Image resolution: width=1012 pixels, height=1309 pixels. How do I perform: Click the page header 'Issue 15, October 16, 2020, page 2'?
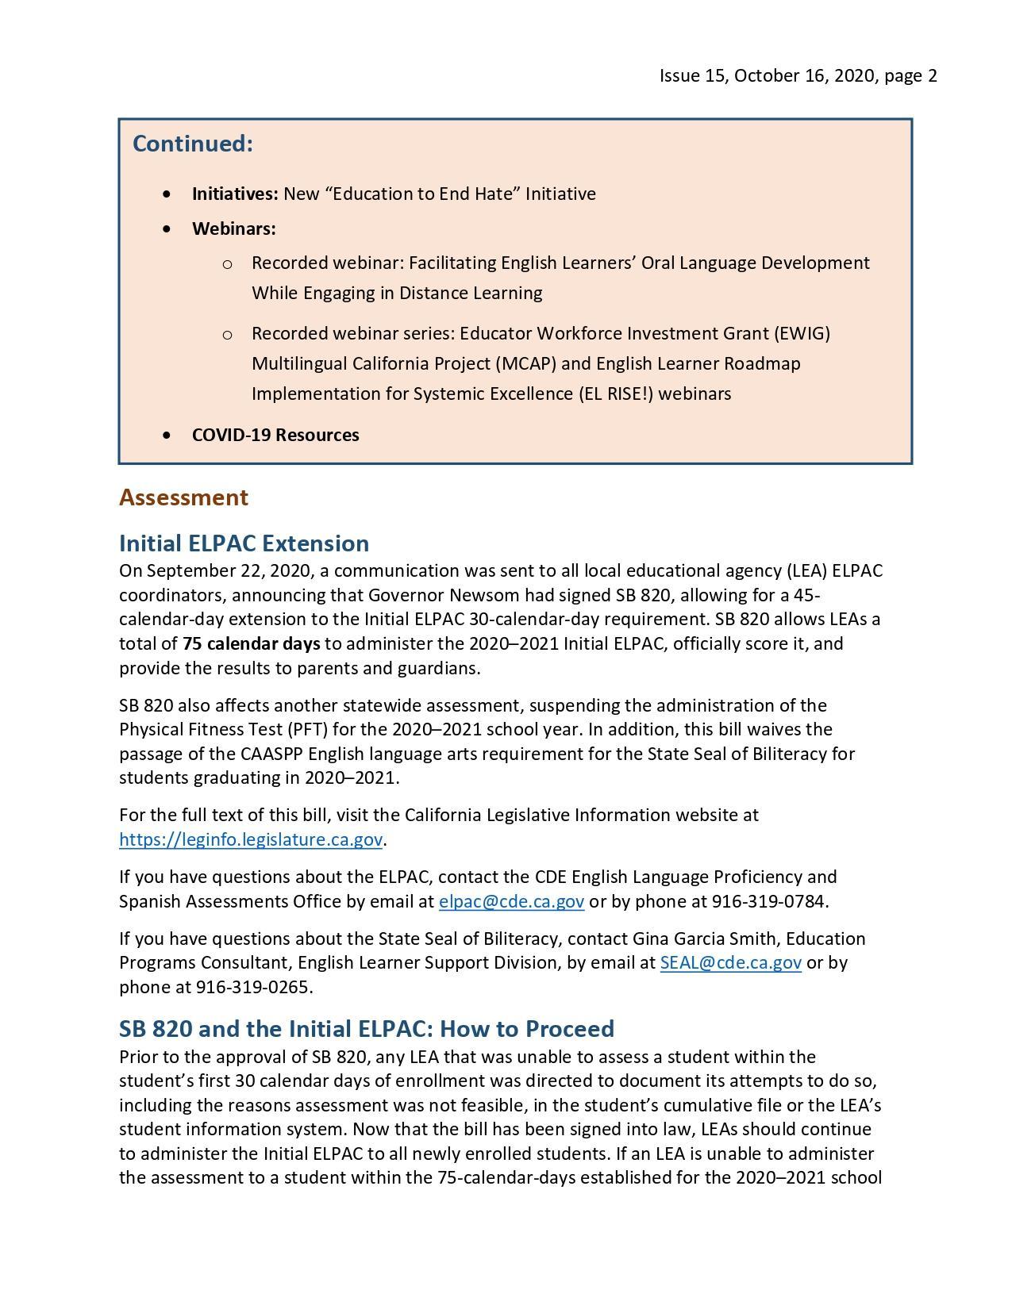click(798, 75)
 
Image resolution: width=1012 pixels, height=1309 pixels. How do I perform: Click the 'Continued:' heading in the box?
click(192, 144)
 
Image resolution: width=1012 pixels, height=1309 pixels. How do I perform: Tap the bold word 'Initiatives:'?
click(234, 194)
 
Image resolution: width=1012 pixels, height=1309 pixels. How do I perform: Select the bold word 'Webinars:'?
click(233, 229)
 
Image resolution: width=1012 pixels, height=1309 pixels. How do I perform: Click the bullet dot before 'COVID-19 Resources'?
click(166, 435)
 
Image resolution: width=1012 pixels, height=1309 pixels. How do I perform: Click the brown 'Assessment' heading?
click(183, 497)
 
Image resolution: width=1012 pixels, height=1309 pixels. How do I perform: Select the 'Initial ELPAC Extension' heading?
click(244, 543)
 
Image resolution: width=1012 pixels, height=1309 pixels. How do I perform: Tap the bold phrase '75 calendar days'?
click(251, 643)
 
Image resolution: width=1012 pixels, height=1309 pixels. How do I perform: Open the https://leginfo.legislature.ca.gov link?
click(251, 839)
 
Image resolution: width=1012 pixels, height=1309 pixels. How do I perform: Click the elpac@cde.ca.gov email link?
click(511, 901)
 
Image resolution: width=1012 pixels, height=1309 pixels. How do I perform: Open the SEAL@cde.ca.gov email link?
click(730, 962)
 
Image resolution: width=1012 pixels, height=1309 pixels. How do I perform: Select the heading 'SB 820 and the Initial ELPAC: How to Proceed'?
click(366, 1029)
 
